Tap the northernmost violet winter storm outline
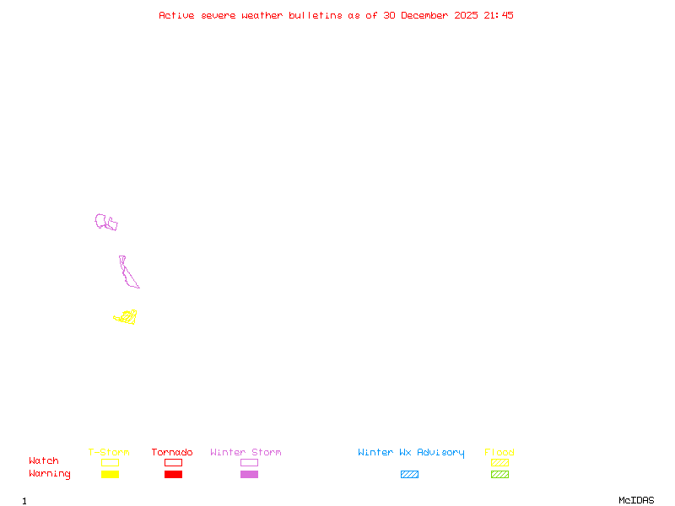(105, 222)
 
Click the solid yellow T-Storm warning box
(110, 475)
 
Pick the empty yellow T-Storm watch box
(110, 462)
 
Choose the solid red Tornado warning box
(173, 475)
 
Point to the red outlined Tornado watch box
(173, 462)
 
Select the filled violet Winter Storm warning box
(249, 475)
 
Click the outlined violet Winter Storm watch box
(249, 462)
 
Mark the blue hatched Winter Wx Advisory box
(409, 475)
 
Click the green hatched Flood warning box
(499, 475)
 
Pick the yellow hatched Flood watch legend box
(499, 462)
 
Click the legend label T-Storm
(109, 453)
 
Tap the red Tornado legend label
(172, 453)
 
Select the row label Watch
(44, 461)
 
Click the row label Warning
(50, 474)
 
